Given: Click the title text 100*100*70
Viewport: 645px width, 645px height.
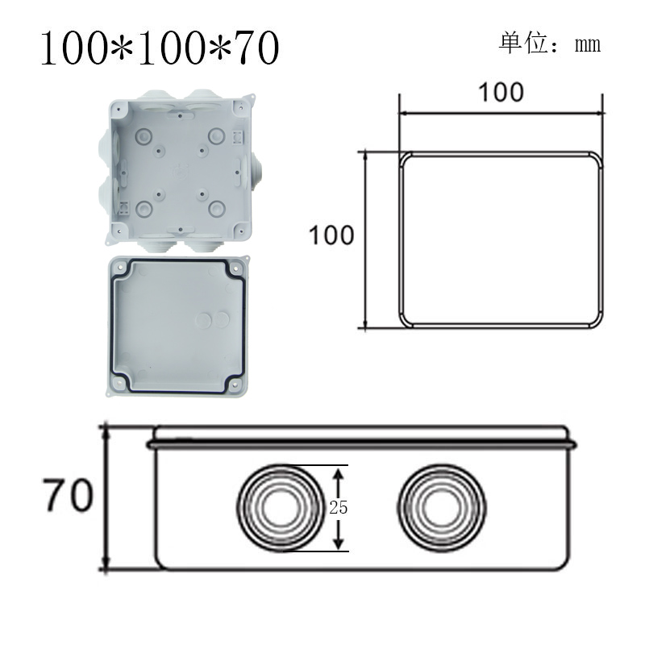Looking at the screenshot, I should click(160, 48).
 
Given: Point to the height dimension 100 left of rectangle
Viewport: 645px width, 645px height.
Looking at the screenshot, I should click(331, 235).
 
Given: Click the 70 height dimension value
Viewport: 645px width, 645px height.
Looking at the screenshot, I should click(68, 497).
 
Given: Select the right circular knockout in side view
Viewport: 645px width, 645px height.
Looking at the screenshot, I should click(442, 506).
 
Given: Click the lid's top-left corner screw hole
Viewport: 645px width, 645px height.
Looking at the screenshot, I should click(120, 266).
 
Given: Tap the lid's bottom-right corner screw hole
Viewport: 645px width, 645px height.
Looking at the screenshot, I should click(235, 385).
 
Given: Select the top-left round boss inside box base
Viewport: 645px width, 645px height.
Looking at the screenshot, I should click(144, 135).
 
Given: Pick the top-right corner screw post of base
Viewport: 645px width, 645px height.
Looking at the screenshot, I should click(239, 106).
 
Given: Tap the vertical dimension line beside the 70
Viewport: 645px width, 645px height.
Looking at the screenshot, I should click(106, 497).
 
